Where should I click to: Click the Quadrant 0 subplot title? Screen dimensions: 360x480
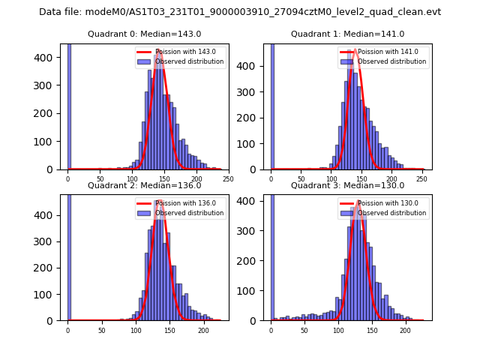coord(144,34)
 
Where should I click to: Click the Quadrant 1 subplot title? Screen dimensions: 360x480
coord(347,34)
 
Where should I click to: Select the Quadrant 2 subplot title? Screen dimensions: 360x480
coord(144,185)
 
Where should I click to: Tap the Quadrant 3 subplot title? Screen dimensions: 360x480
coord(347,185)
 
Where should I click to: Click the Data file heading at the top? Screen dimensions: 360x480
coord(240,12)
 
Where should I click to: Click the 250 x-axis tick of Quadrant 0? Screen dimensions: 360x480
coord(228,179)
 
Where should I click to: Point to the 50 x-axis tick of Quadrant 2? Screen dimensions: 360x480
coord(102,330)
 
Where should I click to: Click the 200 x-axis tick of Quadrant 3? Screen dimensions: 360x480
coord(406,330)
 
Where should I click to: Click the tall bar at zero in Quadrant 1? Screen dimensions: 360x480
coord(272,105)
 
